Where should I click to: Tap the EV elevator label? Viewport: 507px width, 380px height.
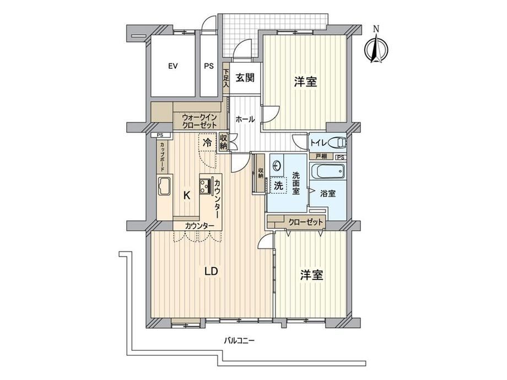click(172, 66)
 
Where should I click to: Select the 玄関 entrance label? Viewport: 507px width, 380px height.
click(245, 78)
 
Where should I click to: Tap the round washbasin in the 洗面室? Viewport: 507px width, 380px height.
click(277, 166)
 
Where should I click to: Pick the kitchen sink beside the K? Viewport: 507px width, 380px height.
click(164, 187)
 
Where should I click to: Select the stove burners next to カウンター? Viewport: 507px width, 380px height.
click(204, 186)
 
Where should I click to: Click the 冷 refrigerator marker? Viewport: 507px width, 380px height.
click(207, 142)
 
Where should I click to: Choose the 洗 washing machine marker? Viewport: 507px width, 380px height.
click(278, 186)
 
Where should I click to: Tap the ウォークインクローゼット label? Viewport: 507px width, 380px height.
click(199, 121)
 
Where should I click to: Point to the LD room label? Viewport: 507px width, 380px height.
click(211, 272)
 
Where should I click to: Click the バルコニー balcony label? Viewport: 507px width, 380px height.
click(240, 340)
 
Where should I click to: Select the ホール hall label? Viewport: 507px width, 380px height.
click(245, 120)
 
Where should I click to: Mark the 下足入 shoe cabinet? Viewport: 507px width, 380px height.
click(226, 79)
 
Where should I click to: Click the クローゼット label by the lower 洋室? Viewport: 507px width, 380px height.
click(305, 222)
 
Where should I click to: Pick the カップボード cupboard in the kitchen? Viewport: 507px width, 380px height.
click(162, 157)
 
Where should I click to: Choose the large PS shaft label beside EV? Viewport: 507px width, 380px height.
click(209, 66)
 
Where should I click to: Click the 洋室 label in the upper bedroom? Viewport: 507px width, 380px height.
click(305, 82)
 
